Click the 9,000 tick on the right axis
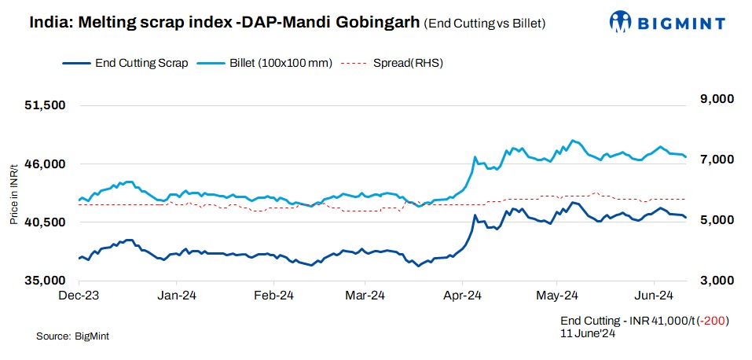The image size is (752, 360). pyautogui.click(x=710, y=99)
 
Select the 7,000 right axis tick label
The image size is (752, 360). pyautogui.click(x=710, y=160)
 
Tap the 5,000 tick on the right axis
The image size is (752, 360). pyautogui.click(x=710, y=220)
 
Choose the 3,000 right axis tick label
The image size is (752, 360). pyautogui.click(x=710, y=281)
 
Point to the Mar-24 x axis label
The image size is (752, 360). pyautogui.click(x=366, y=296)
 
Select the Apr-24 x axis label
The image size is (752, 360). pyautogui.click(x=462, y=296)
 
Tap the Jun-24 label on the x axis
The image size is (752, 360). pyautogui.click(x=654, y=296)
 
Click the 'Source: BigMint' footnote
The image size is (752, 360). pyautogui.click(x=72, y=336)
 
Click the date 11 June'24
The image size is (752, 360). pyautogui.click(x=587, y=333)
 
